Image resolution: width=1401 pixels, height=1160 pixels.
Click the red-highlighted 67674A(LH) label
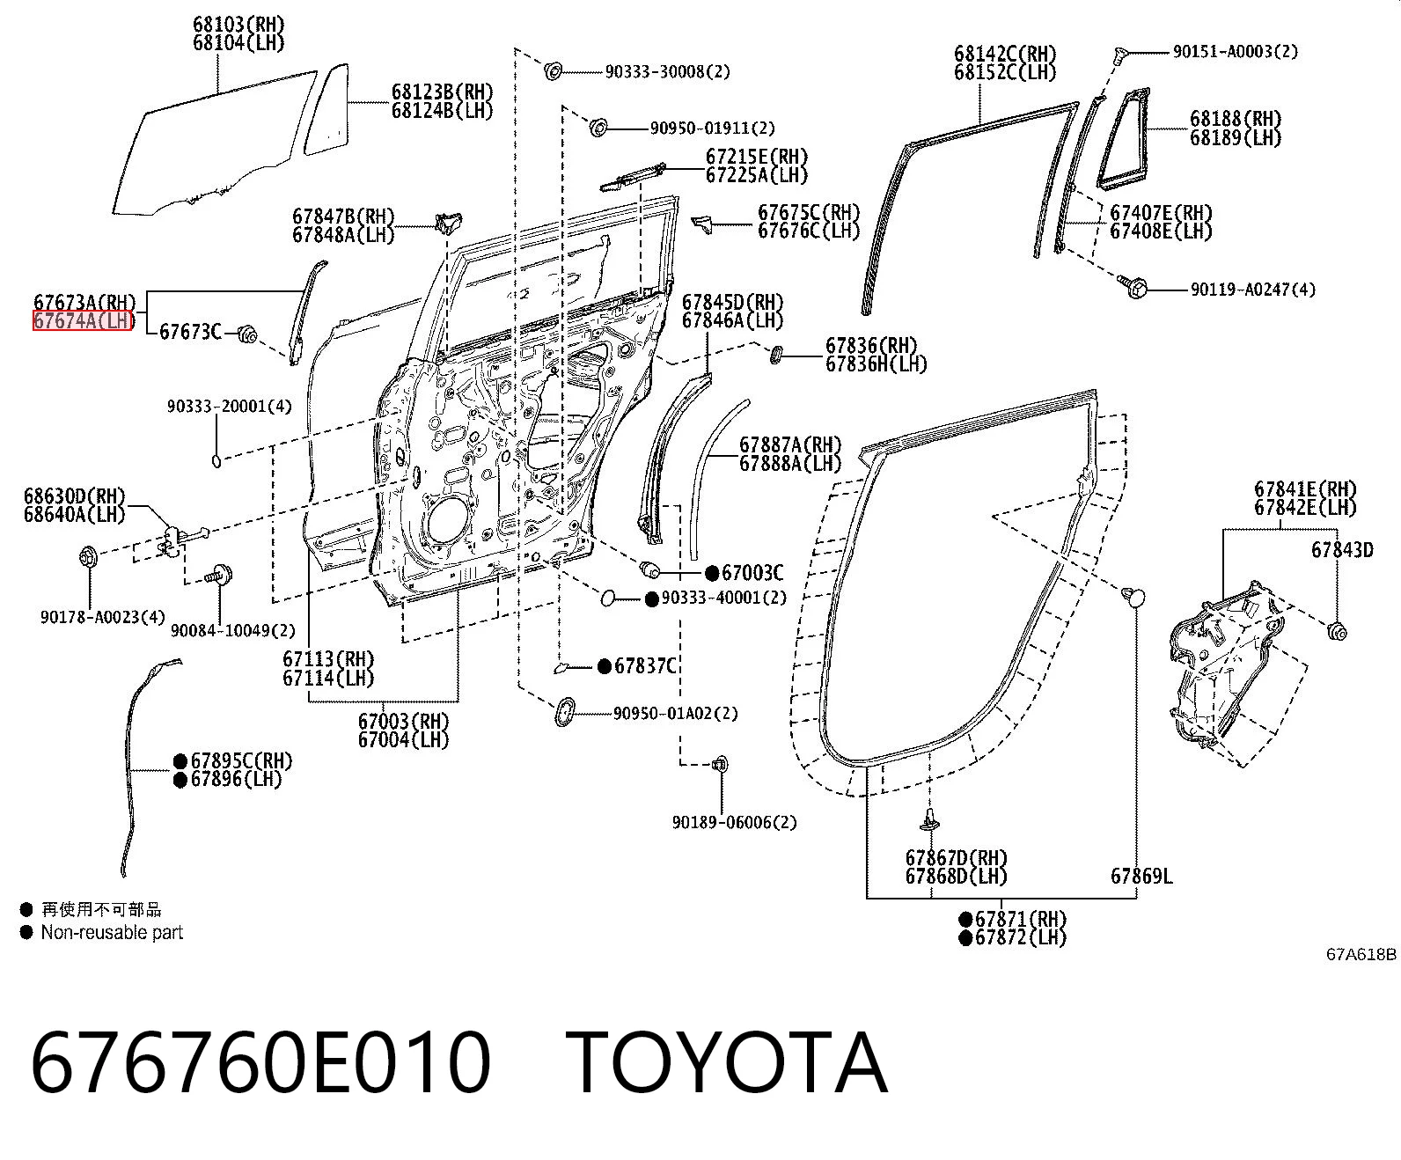(83, 321)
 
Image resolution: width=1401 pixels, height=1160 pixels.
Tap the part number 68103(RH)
(238, 24)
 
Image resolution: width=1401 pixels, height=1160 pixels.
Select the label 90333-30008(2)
(667, 71)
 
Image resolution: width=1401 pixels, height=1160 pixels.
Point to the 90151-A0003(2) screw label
(1236, 52)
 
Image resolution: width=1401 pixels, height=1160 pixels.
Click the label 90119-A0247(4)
(1252, 290)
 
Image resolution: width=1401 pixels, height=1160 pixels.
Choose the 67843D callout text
(1342, 550)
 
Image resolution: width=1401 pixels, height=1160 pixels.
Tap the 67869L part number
(1141, 876)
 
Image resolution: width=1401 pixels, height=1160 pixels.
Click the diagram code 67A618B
(1361, 954)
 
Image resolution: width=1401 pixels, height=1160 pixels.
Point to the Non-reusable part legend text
(112, 932)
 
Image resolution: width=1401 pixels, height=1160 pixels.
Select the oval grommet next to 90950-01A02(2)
(565, 711)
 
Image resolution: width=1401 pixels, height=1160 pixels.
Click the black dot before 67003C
(712, 573)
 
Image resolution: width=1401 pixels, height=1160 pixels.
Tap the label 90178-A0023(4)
(103, 617)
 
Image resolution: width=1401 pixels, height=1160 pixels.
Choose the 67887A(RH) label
(790, 445)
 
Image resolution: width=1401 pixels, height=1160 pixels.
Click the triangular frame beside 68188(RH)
(1123, 138)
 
